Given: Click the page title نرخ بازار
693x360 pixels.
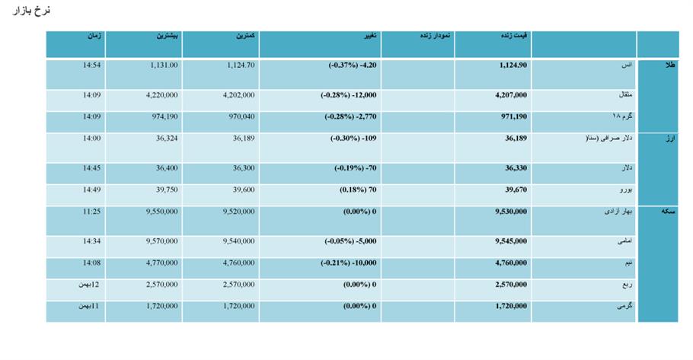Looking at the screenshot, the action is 31,11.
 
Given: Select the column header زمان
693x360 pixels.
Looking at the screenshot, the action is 94,36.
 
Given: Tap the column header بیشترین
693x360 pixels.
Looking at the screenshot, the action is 167,36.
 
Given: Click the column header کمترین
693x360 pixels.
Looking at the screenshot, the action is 245,36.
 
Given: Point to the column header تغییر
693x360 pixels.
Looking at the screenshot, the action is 370,36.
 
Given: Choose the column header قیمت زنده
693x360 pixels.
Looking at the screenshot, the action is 514,36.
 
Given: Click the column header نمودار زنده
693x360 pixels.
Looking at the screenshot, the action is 435,36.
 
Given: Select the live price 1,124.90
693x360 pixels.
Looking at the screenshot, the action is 513,65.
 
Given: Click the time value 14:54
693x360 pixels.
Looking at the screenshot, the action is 91,65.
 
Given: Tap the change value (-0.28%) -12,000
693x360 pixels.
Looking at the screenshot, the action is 349,95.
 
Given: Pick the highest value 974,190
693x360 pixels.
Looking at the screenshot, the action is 164,116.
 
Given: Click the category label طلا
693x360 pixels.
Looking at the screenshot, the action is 670,65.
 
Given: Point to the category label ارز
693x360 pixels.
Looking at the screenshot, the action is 671,139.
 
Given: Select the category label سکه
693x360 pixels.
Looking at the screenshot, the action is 669,212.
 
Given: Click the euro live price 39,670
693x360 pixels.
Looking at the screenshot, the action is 516,190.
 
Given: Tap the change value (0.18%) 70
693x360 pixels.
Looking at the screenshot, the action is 358,190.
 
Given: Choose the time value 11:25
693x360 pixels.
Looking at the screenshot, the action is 91,212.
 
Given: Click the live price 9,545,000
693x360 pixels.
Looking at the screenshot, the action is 511,241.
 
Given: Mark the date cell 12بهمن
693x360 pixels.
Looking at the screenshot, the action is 89,285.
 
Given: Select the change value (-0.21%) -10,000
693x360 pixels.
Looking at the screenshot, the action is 349,263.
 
